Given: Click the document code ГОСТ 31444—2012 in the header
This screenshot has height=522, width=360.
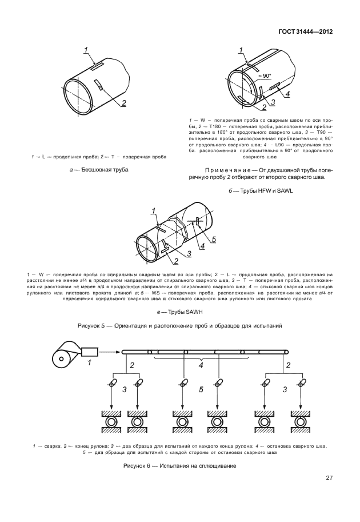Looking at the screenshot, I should (306, 31).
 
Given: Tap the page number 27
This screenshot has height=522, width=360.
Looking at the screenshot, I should (329, 478).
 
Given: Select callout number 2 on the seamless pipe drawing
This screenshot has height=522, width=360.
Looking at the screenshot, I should (123, 103).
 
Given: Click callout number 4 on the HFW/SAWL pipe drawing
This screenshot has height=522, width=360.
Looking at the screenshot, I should (287, 94).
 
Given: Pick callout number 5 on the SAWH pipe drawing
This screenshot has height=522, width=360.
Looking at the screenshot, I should (214, 240).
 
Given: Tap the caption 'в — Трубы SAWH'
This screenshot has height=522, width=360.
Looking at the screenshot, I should (180, 312).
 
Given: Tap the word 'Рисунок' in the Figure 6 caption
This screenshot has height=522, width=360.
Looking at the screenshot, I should (136, 466).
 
